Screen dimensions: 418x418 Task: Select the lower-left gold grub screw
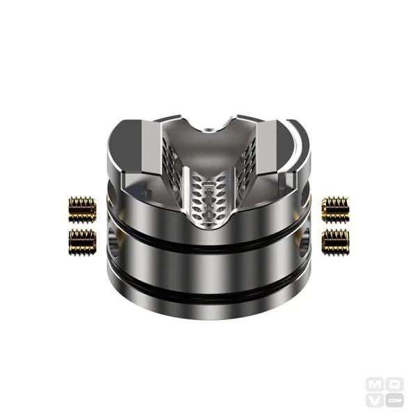82,240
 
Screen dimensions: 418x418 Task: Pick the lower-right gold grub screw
336,240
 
